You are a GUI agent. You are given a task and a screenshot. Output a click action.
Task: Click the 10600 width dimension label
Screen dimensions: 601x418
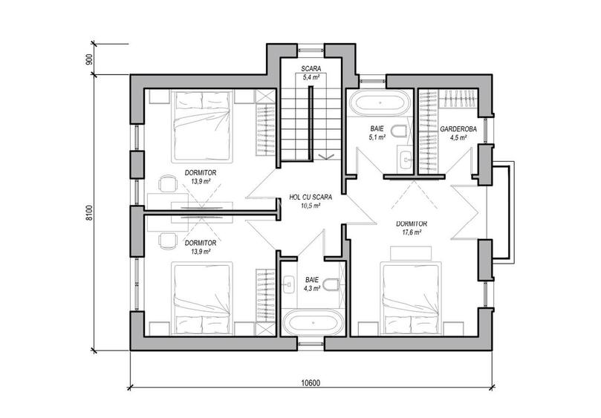(310, 383)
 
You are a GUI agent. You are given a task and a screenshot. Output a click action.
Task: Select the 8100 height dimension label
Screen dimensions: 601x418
(89, 213)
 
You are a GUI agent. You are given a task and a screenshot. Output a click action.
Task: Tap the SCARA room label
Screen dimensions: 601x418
(311, 69)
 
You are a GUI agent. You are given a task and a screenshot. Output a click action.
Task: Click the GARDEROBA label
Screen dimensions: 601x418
(458, 129)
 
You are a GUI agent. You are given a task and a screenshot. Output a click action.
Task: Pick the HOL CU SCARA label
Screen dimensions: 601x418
(311, 197)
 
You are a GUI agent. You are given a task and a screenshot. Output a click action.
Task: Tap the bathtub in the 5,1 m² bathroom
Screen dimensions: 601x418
(380, 102)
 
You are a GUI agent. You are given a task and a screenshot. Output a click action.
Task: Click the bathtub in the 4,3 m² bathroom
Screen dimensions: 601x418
(313, 323)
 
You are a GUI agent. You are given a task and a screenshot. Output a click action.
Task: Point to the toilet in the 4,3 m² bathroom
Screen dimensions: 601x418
(331, 284)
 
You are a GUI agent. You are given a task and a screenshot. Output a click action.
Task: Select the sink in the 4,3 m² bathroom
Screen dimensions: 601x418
(288, 284)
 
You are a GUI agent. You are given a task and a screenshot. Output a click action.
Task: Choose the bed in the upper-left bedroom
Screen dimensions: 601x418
(202, 125)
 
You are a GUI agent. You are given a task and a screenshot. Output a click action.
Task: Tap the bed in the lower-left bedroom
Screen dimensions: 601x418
(203, 298)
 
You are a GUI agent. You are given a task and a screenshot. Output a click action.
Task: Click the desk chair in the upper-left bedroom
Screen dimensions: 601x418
(166, 183)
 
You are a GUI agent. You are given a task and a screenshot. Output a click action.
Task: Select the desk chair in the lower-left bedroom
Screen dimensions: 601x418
(166, 241)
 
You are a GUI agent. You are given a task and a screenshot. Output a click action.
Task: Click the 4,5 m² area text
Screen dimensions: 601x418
(458, 137)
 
